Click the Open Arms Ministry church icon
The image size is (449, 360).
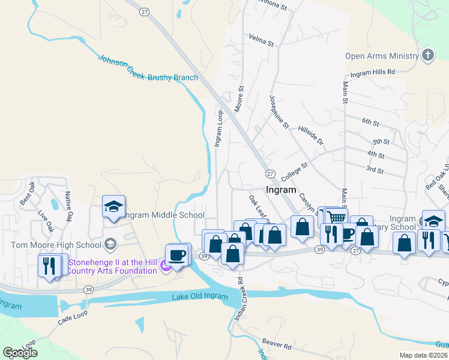coord(427,56)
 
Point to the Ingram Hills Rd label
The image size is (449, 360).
coord(373,72)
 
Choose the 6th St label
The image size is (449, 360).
coord(370,122)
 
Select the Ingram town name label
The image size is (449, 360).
coord(280,190)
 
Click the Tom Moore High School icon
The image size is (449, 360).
coord(109,244)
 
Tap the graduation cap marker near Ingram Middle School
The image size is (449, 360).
coord(113,206)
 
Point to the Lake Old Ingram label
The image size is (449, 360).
coord(200,297)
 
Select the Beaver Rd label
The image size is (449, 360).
coord(280,346)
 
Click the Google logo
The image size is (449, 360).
coord(20,353)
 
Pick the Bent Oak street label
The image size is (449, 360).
coord(28,197)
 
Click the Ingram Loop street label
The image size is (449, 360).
coord(218,128)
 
